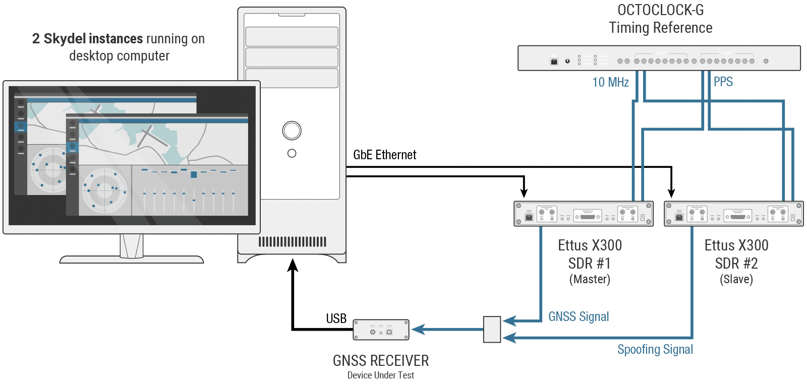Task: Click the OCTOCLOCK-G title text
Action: (660, 10)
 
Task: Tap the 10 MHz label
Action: (610, 82)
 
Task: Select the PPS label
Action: (723, 82)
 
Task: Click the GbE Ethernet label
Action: (384, 155)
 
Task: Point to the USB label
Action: (336, 318)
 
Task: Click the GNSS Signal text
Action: (579, 316)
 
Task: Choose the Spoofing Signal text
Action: (655, 349)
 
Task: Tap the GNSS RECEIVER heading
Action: (381, 361)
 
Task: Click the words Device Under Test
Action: (381, 375)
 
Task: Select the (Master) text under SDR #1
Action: (590, 279)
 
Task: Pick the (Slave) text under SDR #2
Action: (736, 279)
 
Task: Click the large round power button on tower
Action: (292, 131)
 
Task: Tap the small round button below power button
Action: (292, 153)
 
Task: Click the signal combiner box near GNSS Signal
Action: (492, 330)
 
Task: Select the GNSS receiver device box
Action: (381, 330)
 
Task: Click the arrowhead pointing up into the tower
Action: (293, 265)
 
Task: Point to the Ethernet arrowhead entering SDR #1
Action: (524, 193)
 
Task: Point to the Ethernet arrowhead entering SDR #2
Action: (671, 193)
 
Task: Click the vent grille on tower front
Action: (292, 242)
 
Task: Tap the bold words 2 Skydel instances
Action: (87, 39)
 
